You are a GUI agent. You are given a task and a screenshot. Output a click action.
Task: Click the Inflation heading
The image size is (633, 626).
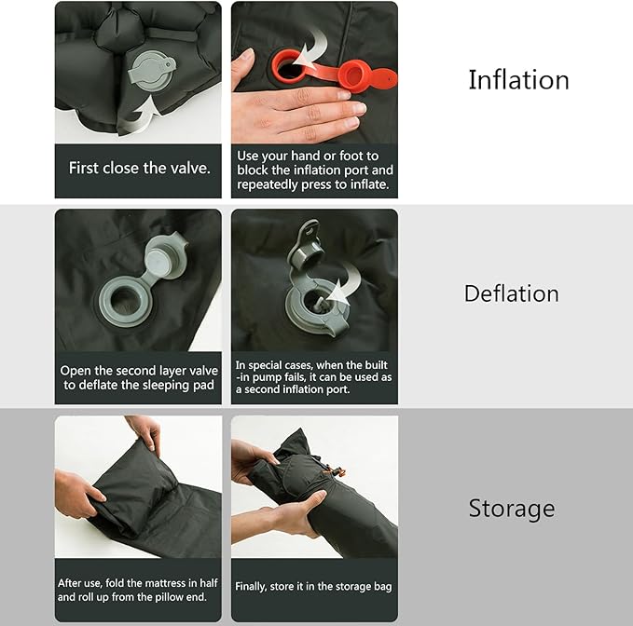(518, 80)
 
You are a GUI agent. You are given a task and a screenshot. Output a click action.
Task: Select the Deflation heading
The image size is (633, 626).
(512, 293)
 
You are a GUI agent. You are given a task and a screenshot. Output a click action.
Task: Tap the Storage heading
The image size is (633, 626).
(512, 509)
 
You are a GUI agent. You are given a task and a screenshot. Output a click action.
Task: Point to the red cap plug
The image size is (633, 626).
(351, 75)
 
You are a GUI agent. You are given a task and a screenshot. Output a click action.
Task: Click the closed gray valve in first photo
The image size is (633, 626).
(151, 72)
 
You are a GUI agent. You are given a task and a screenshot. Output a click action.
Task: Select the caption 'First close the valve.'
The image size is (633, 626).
(139, 168)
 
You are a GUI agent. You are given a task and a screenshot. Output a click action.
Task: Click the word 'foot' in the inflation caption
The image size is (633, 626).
(359, 156)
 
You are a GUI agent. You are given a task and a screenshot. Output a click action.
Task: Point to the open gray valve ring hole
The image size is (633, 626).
(124, 301)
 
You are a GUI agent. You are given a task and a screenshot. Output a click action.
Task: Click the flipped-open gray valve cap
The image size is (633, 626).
(166, 257)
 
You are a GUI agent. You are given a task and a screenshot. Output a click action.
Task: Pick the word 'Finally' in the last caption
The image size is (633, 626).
(251, 587)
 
